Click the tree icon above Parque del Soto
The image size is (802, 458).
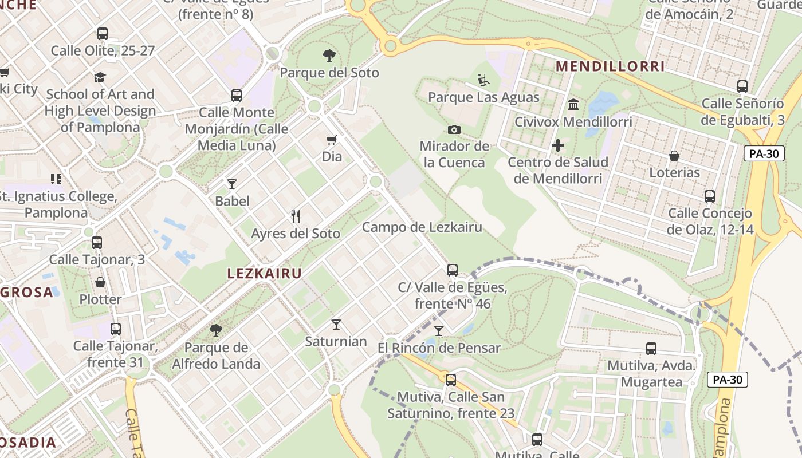click(x=329, y=56)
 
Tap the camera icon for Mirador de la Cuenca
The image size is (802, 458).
click(x=454, y=129)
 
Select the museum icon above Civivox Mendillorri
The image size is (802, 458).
click(x=573, y=105)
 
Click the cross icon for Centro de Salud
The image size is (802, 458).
click(x=557, y=145)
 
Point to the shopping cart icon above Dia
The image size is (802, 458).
click(x=331, y=140)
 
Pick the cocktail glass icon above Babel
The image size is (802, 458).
click(x=232, y=184)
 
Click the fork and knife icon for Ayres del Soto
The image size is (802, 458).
click(x=296, y=216)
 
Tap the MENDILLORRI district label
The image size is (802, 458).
click(x=610, y=66)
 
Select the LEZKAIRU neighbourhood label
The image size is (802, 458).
click(x=264, y=274)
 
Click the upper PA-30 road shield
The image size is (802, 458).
click(x=764, y=153)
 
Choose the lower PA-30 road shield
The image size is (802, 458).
click(x=727, y=379)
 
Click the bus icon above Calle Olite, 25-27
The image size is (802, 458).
click(x=103, y=34)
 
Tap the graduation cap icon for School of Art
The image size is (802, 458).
click(x=100, y=77)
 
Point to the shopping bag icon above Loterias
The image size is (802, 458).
click(x=674, y=156)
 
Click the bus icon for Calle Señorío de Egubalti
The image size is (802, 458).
click(x=742, y=86)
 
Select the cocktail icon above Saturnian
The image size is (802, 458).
click(x=336, y=325)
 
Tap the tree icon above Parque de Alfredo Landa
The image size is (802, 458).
click(x=216, y=330)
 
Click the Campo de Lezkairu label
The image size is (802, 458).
click(x=422, y=227)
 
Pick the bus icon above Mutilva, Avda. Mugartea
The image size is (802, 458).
click(x=651, y=348)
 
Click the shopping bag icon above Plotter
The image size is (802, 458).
click(x=100, y=282)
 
